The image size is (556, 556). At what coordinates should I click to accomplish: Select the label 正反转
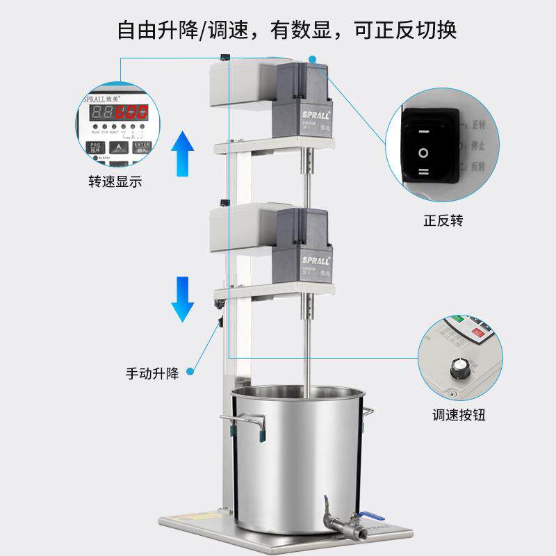443,221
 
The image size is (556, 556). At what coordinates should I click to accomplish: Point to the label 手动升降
152,373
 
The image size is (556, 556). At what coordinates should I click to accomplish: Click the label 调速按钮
458,416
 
